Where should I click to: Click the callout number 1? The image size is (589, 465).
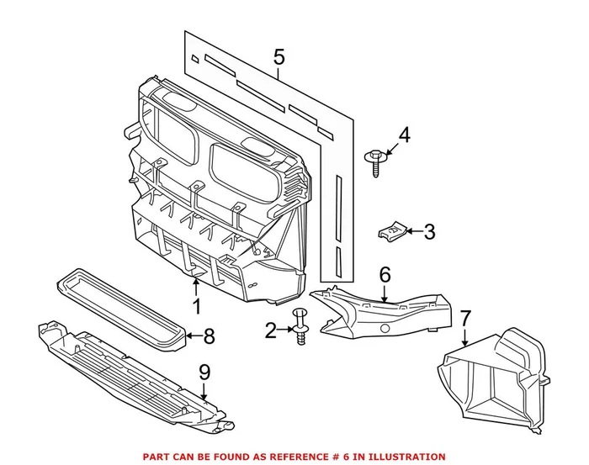pos(195,307)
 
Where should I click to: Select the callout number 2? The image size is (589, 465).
pos(270,331)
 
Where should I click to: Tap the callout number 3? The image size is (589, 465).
pos(428,232)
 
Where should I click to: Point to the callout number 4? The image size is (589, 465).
pos(404,135)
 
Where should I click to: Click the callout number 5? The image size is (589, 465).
pos(279,58)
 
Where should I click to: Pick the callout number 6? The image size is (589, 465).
pos(385,275)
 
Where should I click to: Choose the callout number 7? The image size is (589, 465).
pos(465,320)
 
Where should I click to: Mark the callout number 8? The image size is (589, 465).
pos(209,336)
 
